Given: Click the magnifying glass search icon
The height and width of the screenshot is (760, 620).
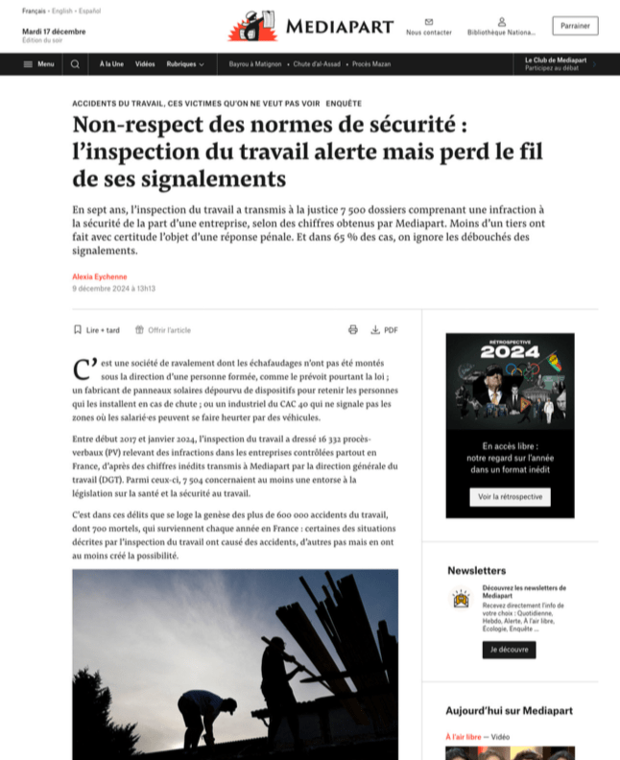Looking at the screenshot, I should pyautogui.click(x=75, y=64).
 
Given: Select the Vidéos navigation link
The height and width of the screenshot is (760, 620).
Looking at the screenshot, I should pyautogui.click(x=145, y=64).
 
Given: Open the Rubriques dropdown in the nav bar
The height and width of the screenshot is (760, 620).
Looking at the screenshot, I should pyautogui.click(x=184, y=64).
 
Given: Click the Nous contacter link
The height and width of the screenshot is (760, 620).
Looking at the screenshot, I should pyautogui.click(x=428, y=27).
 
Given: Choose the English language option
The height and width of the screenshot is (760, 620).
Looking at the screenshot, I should pyautogui.click(x=62, y=11).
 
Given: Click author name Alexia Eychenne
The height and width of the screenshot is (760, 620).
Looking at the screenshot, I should pyautogui.click(x=99, y=276).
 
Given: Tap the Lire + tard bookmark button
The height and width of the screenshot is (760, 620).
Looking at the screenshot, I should pyautogui.click(x=97, y=330).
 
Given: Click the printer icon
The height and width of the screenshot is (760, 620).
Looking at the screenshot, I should pyautogui.click(x=352, y=330).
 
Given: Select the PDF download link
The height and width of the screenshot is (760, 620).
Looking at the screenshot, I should pyautogui.click(x=385, y=330).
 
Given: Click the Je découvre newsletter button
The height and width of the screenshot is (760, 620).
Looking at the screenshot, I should pyautogui.click(x=509, y=650).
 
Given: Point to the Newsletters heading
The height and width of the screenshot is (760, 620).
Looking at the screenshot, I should pyautogui.click(x=476, y=570).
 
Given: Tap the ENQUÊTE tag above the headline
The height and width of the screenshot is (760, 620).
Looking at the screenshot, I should pyautogui.click(x=344, y=103).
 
